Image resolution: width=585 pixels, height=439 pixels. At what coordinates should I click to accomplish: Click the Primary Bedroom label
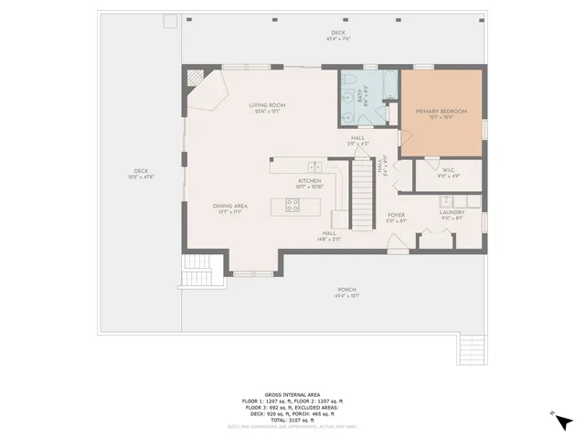(x=441, y=112)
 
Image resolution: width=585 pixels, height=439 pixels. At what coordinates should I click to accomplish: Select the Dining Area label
(x=229, y=207)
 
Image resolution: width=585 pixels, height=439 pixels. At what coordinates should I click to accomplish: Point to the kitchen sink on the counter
(x=314, y=166)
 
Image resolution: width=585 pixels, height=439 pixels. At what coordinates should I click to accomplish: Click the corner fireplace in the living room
(x=196, y=80)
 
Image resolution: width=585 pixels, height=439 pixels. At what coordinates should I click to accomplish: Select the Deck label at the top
(x=339, y=33)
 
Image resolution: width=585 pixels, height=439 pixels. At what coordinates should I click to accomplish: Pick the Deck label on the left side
(x=141, y=171)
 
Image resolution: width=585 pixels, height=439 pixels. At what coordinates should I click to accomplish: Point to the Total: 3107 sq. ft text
(x=292, y=420)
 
